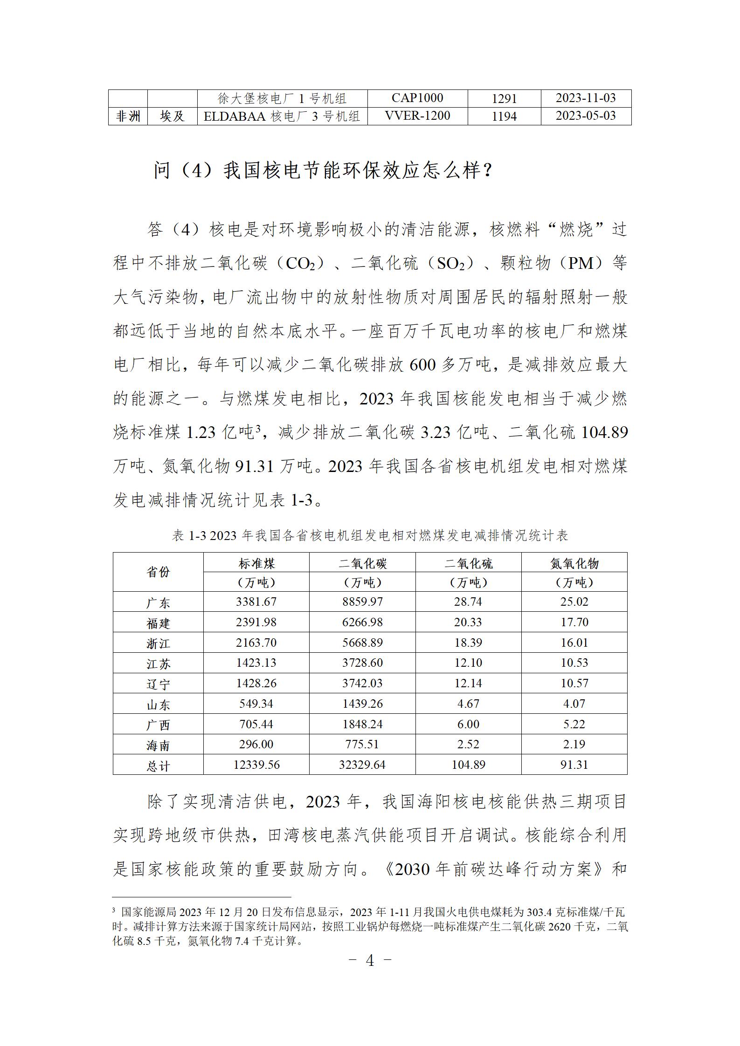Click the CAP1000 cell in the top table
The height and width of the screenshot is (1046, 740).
click(417, 98)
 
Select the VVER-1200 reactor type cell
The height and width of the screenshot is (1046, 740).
click(417, 116)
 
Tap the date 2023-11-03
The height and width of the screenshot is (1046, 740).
click(586, 98)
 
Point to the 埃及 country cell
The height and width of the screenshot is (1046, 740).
click(172, 116)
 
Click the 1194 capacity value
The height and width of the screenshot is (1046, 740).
click(504, 116)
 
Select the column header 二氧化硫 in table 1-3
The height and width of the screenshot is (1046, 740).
click(468, 564)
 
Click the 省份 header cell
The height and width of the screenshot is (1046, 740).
click(158, 572)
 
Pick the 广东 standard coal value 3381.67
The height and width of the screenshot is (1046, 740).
click(256, 602)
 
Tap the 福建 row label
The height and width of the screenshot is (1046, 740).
click(158, 623)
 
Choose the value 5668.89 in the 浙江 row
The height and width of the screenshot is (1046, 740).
click(362, 643)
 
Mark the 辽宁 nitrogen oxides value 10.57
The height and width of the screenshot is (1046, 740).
click(574, 683)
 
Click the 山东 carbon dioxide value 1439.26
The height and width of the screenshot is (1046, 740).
click(362, 704)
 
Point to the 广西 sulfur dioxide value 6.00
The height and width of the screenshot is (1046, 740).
click(468, 724)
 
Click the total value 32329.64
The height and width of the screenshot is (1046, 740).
click(362, 765)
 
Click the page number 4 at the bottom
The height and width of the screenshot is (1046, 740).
click(370, 960)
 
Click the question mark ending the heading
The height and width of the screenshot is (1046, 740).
click(487, 171)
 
